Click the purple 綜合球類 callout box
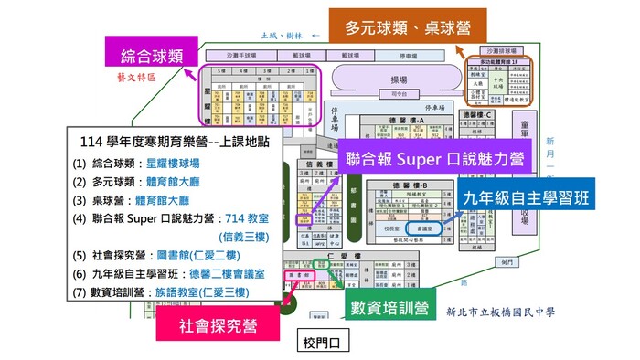click(x=144, y=56)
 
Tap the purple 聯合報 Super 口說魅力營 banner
click(x=433, y=159)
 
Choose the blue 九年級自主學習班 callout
click(x=525, y=197)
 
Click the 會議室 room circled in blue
click(x=422, y=220)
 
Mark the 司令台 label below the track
click(x=399, y=93)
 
